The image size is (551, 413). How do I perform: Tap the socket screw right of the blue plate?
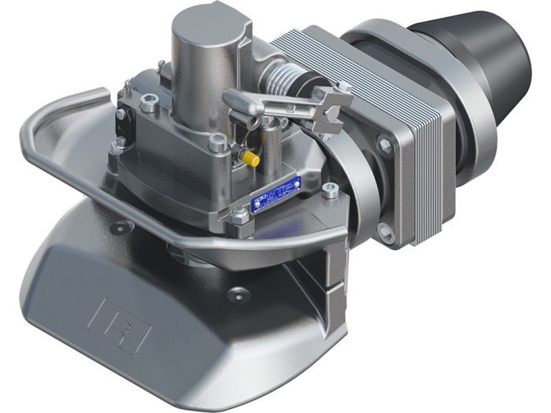click(331, 188)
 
